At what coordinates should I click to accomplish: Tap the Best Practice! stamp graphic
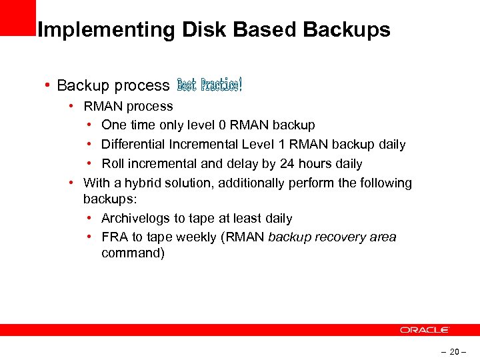point(209,85)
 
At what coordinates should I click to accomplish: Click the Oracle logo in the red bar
point(425,330)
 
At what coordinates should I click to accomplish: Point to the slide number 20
point(454,351)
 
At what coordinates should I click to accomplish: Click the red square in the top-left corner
point(17,16)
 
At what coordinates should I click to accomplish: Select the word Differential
point(133,144)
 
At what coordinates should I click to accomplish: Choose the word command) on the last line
point(133,253)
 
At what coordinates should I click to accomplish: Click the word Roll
point(113,163)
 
